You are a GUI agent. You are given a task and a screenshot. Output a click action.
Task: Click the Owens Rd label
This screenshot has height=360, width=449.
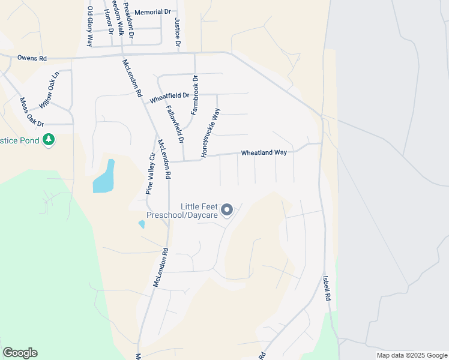[32, 59]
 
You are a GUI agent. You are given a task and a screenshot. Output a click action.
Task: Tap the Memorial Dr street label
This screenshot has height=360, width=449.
[152, 12]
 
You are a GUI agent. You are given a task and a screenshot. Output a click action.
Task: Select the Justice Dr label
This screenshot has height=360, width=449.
[178, 32]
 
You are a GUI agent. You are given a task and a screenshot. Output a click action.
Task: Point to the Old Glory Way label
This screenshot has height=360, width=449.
[91, 26]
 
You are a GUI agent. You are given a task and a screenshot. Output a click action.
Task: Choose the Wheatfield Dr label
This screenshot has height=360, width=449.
[169, 96]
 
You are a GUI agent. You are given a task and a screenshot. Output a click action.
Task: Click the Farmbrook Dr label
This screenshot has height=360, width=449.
[194, 95]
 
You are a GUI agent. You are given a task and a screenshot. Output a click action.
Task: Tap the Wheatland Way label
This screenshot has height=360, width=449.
[264, 153]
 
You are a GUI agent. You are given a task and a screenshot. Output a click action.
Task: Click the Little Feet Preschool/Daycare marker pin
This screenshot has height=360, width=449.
[227, 209]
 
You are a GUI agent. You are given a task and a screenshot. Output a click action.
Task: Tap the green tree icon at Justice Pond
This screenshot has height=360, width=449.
[49, 140]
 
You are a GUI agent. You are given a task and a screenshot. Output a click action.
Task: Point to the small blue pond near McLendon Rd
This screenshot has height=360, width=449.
[141, 224]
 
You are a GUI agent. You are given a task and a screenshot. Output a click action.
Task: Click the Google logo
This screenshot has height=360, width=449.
[20, 353]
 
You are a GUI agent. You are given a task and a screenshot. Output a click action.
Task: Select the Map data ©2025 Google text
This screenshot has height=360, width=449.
[412, 355]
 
